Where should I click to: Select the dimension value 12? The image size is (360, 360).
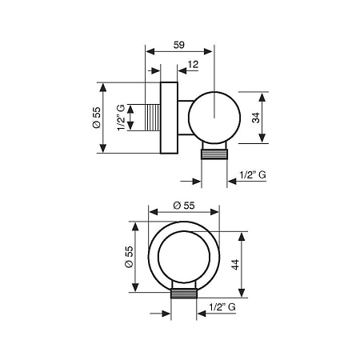coord(194,64)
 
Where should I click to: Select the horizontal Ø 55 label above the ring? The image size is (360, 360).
coord(183,206)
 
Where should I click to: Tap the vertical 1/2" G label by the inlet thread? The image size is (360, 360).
coord(121,117)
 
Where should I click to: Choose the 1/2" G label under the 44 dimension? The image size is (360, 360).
coord(222,306)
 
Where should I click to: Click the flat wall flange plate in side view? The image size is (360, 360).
coord(169,117)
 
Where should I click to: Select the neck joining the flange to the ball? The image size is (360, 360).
coord(184,117)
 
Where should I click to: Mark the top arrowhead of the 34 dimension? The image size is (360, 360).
coord(265,92)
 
